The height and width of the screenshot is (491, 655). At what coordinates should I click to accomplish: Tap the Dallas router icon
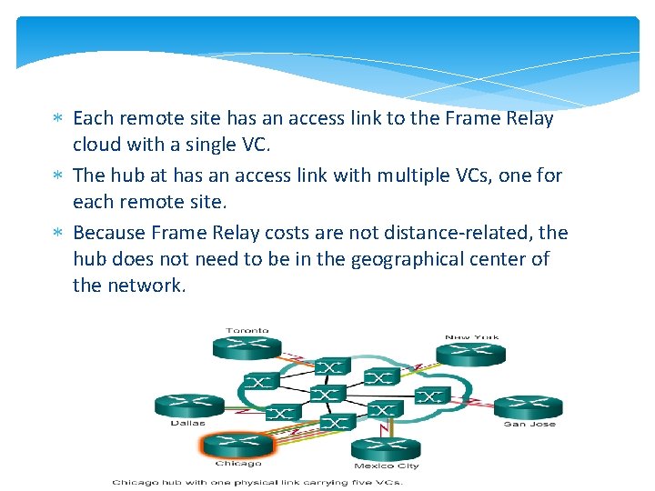click(x=189, y=406)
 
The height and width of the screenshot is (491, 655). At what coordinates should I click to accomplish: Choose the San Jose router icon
click(x=529, y=406)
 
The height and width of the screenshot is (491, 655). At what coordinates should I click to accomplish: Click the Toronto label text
click(x=247, y=331)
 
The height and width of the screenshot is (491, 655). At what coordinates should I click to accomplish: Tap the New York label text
click(x=471, y=337)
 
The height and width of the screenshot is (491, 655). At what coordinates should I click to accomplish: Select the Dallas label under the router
click(x=187, y=423)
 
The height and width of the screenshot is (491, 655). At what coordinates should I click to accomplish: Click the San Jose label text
click(x=529, y=424)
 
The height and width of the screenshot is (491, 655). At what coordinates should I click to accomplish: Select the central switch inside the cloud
click(x=325, y=394)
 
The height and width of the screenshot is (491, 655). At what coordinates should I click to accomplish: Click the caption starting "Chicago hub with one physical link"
click(x=266, y=482)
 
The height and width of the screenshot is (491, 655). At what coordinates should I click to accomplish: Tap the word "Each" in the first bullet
click(x=92, y=118)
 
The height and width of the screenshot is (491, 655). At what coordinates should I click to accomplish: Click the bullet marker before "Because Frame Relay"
click(x=56, y=233)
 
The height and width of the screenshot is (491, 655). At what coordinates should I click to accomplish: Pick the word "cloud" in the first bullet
click(x=96, y=144)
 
